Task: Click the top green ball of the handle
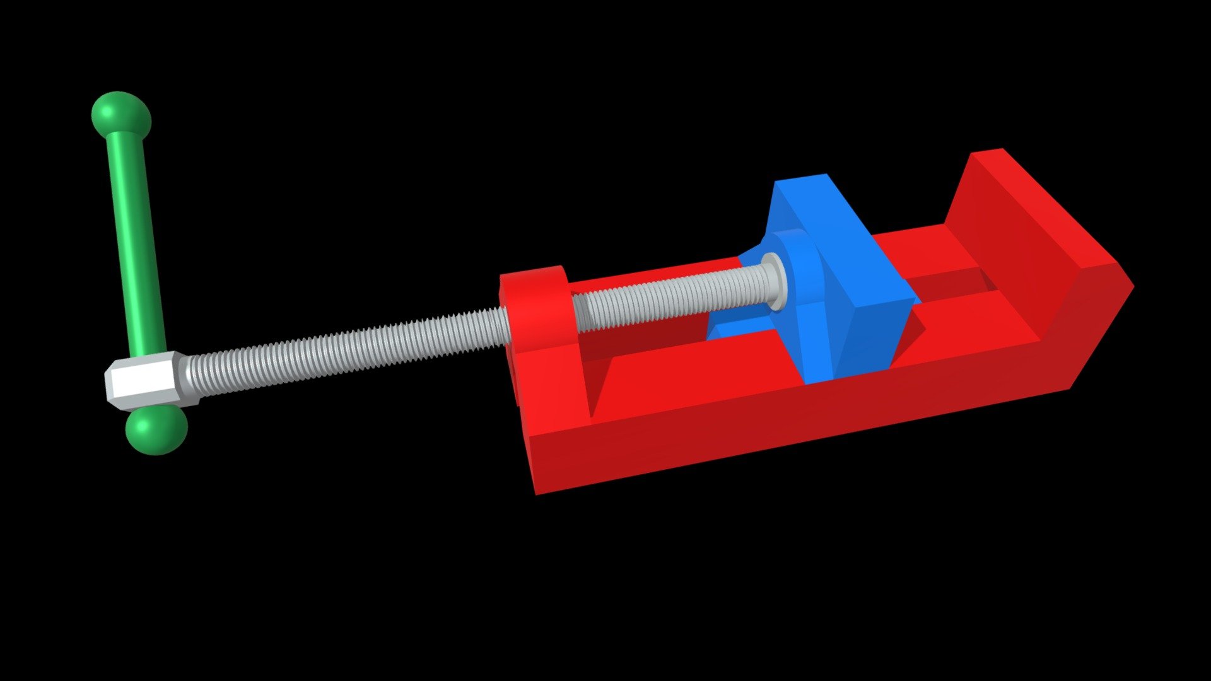[121, 113]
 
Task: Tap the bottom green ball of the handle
[156, 431]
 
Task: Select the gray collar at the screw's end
[775, 281]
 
